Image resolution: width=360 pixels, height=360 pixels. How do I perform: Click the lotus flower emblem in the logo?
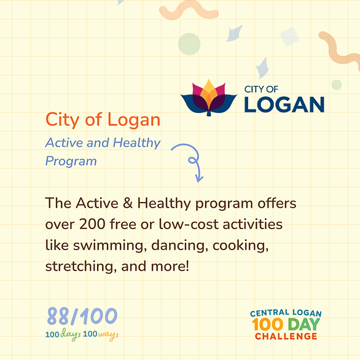208,98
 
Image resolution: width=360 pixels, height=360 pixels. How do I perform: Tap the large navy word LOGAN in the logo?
284,104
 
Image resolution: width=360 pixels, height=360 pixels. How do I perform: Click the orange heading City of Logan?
103,120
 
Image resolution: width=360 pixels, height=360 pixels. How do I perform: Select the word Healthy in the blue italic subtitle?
137,143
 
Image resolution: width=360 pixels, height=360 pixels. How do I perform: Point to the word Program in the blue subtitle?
71,161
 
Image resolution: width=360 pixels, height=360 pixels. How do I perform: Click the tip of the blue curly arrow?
198,182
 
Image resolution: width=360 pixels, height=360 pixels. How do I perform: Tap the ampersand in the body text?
128,203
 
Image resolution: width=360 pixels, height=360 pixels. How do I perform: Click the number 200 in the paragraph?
92,224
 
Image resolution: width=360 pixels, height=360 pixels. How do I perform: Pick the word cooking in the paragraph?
241,246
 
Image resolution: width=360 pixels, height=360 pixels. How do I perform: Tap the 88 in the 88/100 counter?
58,316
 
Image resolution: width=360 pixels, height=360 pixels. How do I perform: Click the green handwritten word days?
71,334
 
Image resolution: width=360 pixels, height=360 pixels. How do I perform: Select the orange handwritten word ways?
108,335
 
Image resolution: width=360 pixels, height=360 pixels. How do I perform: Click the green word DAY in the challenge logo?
304,324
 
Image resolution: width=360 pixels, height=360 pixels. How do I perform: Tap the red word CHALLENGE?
286,337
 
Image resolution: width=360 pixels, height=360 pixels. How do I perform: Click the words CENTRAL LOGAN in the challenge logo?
286,313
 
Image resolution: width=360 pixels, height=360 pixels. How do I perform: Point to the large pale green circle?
189,44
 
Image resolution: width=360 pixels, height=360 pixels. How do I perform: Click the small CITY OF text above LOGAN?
261,89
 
